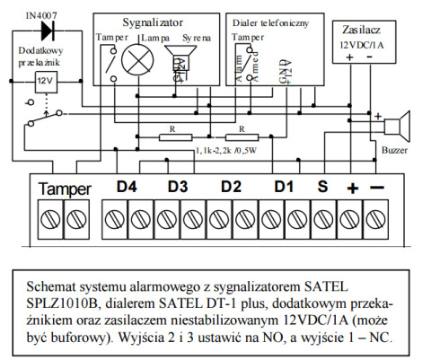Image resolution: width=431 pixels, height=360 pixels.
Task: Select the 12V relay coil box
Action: (44, 82)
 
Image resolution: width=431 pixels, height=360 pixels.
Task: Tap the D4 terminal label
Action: (127, 189)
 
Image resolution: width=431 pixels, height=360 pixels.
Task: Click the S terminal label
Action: (322, 189)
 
